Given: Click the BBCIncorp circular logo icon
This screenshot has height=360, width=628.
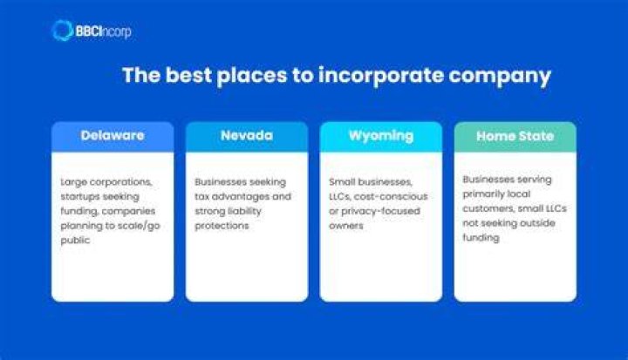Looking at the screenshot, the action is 62,31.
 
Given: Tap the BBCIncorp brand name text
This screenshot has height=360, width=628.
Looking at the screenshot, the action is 103,31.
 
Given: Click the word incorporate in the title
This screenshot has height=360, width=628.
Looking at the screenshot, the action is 380,76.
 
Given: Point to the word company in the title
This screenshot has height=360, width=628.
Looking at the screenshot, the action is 500,77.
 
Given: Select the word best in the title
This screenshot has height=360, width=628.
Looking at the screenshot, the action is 188,75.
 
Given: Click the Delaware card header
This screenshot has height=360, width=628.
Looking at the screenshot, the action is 113,137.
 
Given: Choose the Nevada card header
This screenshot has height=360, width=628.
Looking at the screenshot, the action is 247,137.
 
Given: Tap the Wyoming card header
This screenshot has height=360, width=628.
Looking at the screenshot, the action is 381,137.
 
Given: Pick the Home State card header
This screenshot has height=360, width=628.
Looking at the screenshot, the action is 515,137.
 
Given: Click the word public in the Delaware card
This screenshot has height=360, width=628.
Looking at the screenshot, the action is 75,241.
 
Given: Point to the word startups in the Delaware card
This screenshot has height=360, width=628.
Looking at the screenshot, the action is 80,197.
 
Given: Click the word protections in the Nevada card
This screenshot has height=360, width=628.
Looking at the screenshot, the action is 222,226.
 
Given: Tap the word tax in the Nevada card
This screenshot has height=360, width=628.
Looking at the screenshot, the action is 201,197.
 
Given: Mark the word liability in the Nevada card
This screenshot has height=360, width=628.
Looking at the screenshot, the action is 244,211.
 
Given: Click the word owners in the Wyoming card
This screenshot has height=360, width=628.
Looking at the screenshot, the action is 346,226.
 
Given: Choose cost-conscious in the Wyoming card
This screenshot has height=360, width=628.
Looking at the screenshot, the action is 391,197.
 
